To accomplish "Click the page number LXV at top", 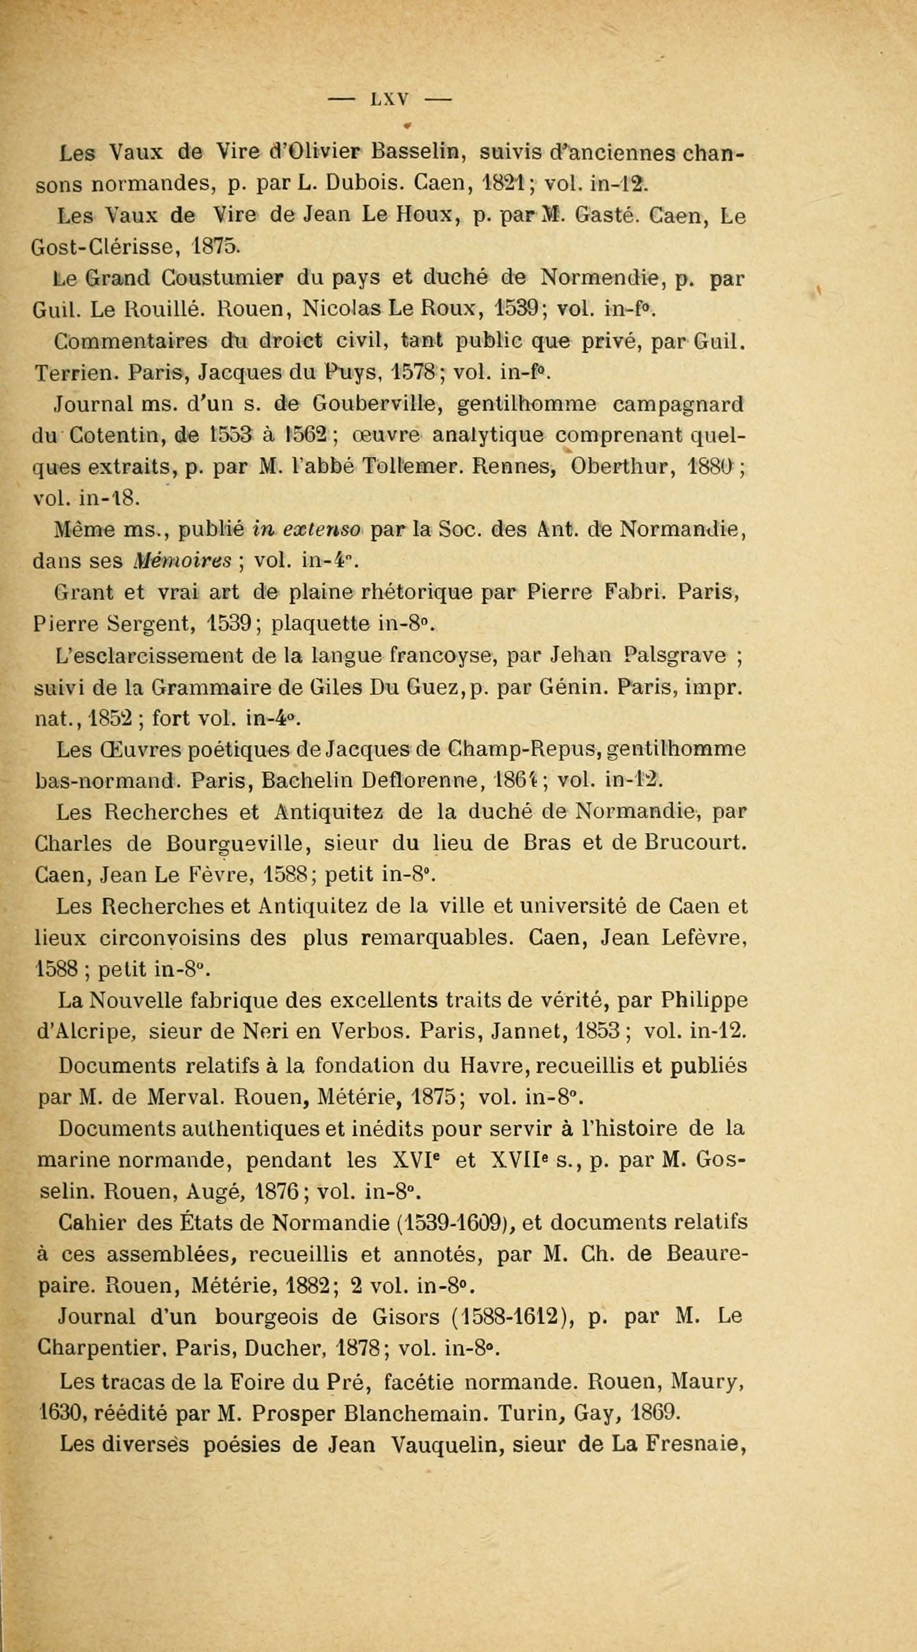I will [x=389, y=100].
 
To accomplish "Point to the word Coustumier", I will [x=221, y=279].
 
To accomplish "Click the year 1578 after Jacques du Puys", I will [x=415, y=372].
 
